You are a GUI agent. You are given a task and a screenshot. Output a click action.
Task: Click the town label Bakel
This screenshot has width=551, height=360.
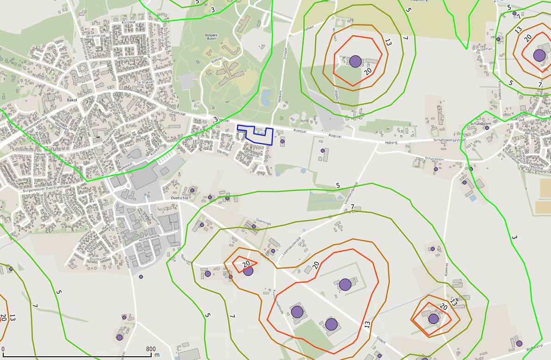coord(72,99)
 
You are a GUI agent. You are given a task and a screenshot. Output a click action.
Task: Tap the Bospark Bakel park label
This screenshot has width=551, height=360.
coord(211,37)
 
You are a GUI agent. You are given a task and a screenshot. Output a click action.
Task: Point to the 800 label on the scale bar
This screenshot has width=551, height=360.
coord(150,349)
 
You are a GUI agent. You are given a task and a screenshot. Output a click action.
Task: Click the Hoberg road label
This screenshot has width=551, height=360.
coord(391,143)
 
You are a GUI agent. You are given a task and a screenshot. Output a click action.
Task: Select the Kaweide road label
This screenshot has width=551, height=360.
coord(447,269)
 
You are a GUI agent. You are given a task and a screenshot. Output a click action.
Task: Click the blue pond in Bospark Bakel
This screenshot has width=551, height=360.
coord(266,98)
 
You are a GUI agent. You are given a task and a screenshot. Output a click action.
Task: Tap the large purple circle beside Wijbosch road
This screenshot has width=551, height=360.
coord(355,61)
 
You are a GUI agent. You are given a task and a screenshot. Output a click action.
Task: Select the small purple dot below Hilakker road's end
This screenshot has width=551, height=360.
coord(141,277)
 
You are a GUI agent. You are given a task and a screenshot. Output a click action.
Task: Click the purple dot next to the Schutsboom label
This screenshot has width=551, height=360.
coord(487,128)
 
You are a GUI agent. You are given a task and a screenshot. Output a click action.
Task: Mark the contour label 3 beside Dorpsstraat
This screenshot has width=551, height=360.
coord(215,120)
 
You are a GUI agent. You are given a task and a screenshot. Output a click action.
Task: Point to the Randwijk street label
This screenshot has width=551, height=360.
coord(128,22)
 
